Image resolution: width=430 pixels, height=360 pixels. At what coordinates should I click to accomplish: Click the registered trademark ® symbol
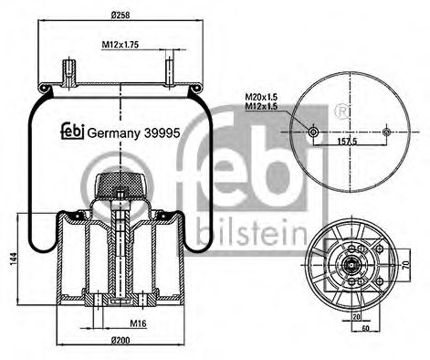pos(341,110)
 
